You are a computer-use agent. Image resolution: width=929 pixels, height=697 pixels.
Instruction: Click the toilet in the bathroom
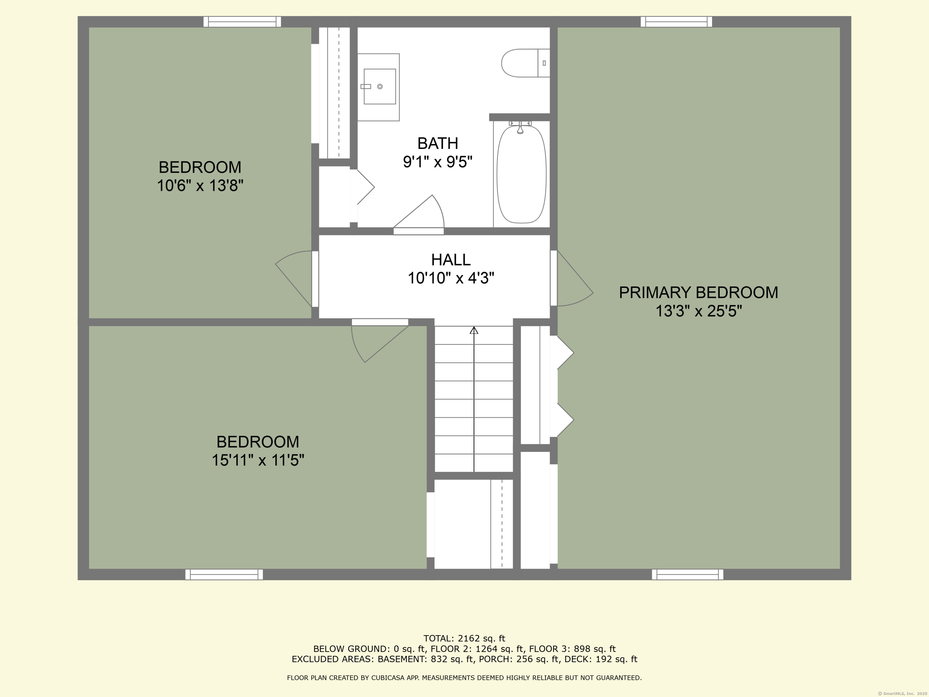(524, 63)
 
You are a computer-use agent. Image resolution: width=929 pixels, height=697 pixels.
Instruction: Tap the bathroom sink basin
(379, 87)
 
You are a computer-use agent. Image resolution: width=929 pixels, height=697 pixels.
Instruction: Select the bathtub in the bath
(521, 174)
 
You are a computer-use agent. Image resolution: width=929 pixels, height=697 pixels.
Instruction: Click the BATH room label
(438, 144)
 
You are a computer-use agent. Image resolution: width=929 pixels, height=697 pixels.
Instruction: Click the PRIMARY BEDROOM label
(698, 293)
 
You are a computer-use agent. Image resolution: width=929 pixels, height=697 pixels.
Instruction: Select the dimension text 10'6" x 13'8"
(200, 185)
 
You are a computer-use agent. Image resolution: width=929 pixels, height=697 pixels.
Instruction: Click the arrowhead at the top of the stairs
(474, 331)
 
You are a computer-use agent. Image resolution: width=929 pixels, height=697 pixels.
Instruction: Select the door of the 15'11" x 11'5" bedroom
(378, 340)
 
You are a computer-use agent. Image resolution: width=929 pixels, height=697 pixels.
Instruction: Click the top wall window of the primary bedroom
(676, 21)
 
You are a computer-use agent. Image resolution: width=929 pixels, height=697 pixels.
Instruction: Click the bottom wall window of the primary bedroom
(687, 574)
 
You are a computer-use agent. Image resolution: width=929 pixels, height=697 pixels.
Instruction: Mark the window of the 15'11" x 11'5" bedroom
(224, 574)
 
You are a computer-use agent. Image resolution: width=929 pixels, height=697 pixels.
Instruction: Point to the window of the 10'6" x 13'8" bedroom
(242, 21)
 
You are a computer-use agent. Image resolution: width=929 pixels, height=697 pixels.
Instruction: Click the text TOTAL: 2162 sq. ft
(464, 639)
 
